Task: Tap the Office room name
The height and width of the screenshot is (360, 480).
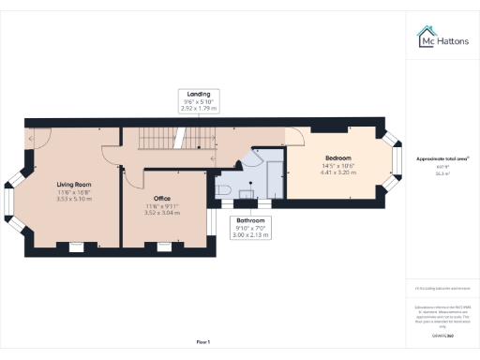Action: click(161, 199)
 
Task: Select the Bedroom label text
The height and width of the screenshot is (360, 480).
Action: click(338, 158)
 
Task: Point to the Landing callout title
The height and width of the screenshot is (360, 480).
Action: click(198, 94)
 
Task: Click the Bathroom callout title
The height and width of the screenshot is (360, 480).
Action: click(250, 220)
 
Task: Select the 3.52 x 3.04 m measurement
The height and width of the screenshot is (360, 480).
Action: click(161, 213)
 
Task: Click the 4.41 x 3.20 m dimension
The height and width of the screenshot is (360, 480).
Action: click(338, 172)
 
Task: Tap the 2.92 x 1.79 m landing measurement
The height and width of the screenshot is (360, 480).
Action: click(198, 109)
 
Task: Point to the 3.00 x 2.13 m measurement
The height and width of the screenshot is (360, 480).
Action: click(250, 235)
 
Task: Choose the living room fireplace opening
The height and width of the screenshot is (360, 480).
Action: click(73, 246)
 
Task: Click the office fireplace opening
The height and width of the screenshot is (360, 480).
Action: click(163, 246)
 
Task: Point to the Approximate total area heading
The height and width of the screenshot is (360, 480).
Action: click(442, 159)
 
